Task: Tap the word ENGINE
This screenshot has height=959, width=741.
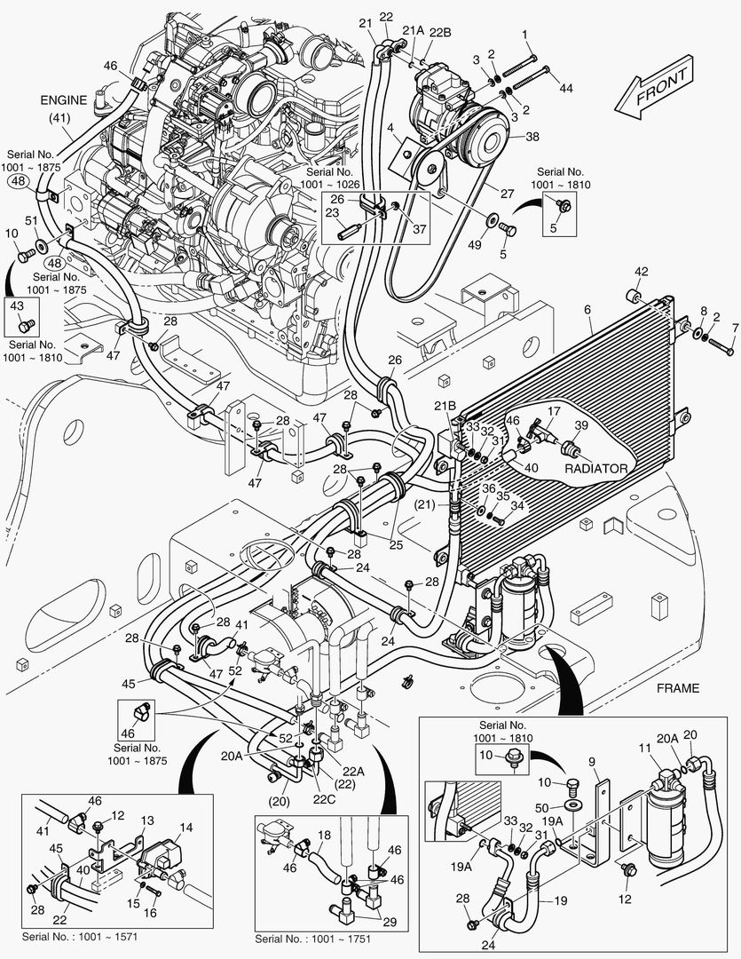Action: point(63,100)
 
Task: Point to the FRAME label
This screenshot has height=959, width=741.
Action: point(678,687)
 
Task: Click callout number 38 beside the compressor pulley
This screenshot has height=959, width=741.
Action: point(532,137)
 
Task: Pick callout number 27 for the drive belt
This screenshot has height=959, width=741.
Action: point(506,194)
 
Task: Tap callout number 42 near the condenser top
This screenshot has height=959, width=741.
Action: point(641,272)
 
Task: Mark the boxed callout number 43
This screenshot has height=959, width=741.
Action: point(18,305)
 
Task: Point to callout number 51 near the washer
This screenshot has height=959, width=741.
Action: point(31,222)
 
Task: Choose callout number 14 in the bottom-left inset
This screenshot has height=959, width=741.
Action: point(185,828)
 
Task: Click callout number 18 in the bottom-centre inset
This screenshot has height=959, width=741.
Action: point(325,836)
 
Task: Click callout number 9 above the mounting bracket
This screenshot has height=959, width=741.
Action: point(593,761)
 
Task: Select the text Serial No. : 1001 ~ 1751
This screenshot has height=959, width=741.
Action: point(312,939)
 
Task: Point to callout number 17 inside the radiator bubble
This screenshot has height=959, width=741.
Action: point(553,412)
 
